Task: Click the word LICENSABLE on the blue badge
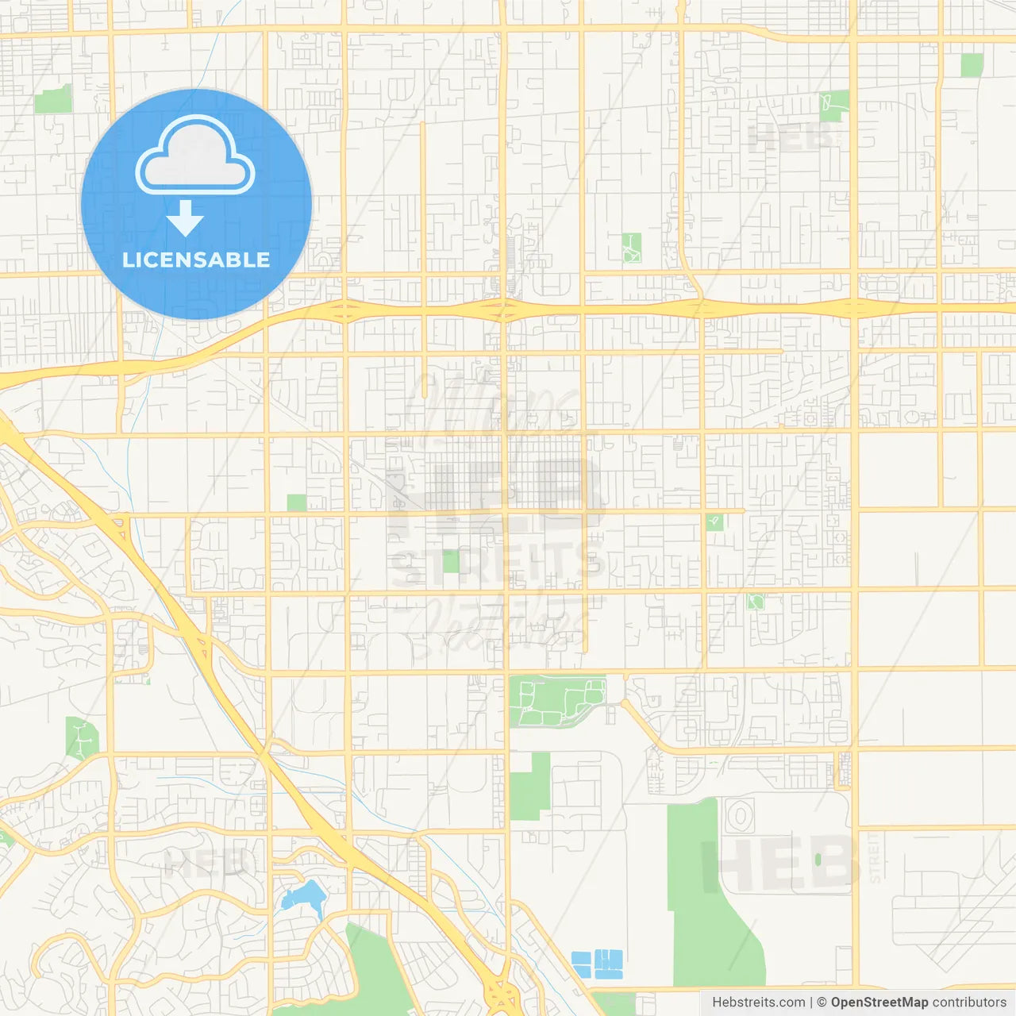[196, 260]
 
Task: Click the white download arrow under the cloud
[186, 218]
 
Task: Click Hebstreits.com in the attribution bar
[758, 1003]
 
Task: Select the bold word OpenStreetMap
[879, 1003]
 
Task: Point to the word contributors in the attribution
[969, 1003]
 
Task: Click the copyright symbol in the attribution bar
[822, 1003]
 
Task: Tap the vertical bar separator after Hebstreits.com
[811, 1003]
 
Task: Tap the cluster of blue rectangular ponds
[597, 963]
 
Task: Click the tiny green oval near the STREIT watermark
[818, 859]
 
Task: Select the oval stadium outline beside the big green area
[740, 815]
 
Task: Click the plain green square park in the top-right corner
[972, 65]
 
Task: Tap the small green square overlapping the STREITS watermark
[451, 561]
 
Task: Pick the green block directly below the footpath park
[530, 786]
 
